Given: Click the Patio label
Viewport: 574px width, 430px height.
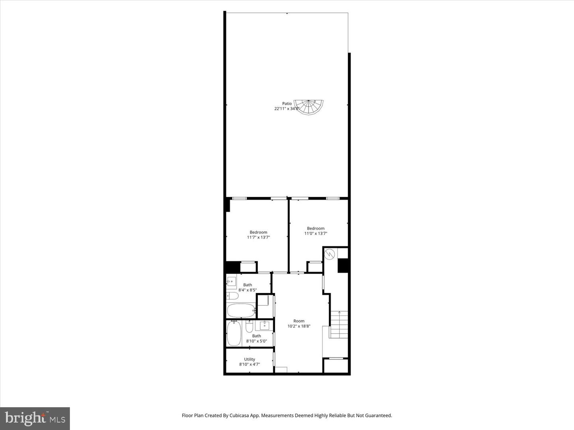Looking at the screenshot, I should click(287, 104).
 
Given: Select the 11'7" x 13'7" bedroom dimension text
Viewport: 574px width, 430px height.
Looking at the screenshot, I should click(258, 237).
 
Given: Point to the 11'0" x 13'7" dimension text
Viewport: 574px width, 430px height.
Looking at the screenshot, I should click(316, 234).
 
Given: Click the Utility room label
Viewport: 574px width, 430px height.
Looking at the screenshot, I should click(250, 359).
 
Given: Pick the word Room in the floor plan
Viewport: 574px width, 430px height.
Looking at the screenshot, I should click(299, 321).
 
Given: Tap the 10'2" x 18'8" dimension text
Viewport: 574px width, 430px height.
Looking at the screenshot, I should click(299, 326).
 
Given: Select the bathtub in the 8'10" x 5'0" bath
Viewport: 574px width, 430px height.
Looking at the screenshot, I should click(234, 333).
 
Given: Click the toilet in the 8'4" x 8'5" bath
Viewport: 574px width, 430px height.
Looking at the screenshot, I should click(232, 296).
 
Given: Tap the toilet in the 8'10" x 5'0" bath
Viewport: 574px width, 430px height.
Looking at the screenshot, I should click(249, 327).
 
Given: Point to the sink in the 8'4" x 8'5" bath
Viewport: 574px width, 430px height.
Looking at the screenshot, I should click(231, 281).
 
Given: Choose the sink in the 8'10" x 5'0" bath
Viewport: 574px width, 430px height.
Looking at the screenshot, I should click(264, 326).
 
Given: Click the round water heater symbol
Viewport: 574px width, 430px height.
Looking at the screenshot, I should click(330, 254).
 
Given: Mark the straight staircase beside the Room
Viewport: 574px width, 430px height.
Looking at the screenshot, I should click(338, 324).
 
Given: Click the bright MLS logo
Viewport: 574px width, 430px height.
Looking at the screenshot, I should click(35, 418).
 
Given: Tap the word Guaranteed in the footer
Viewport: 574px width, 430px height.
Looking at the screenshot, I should click(379, 415).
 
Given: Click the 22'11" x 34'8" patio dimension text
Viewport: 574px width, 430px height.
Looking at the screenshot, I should click(287, 109).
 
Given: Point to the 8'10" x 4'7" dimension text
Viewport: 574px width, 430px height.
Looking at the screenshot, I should click(250, 364).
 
